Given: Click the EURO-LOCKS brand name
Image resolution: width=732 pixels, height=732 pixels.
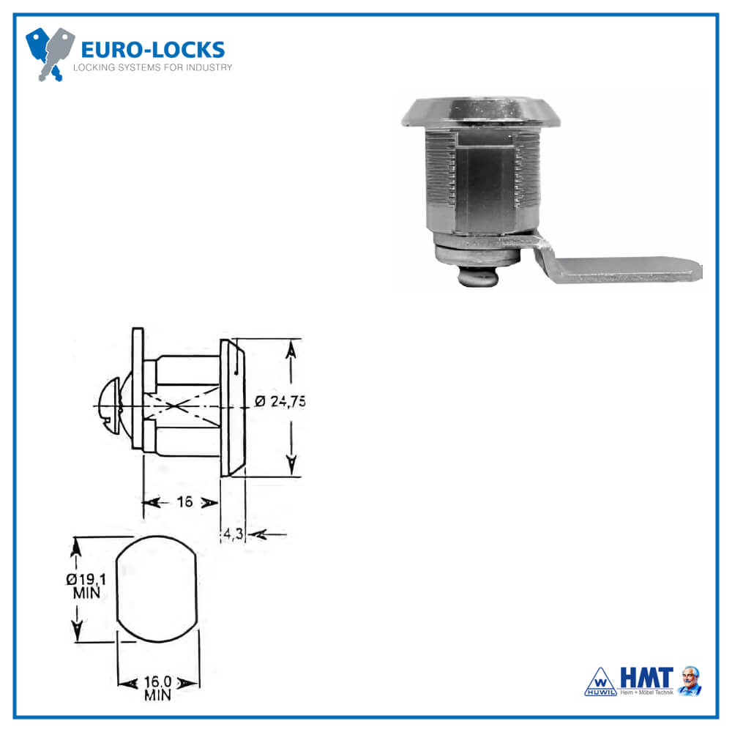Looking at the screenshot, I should (152, 50).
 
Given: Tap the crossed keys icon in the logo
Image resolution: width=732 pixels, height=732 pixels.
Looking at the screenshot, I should (50, 53).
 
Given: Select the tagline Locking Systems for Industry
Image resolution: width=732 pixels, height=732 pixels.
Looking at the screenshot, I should (152, 67).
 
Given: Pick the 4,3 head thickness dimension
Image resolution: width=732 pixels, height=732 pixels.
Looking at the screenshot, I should (233, 534).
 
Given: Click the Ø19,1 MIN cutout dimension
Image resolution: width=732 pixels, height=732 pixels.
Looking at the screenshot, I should (86, 586).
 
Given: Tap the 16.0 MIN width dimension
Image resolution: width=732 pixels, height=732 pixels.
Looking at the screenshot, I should (157, 688).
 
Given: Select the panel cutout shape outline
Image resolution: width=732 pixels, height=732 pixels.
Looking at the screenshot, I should (157, 589).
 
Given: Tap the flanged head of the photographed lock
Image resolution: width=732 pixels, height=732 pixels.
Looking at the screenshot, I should (479, 111).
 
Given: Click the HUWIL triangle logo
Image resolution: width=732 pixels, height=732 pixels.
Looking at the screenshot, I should (600, 683).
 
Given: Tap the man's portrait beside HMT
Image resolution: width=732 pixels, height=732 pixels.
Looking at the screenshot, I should (690, 681).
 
